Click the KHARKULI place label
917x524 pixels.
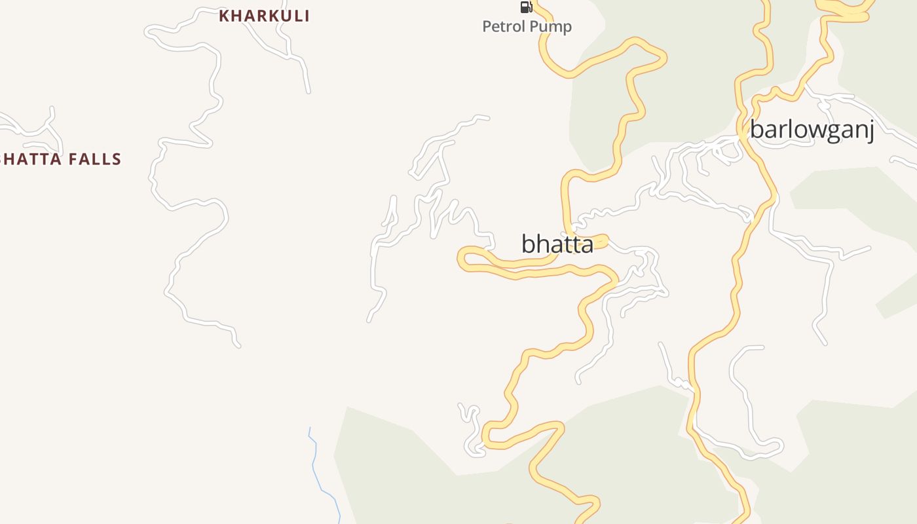point(264,16)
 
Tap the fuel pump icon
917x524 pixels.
point(526,7)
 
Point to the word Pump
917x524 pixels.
point(551,27)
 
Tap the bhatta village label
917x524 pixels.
point(557,244)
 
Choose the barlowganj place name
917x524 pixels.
point(812,130)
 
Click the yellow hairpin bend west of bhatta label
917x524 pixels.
point(463,259)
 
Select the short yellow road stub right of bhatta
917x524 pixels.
point(601,241)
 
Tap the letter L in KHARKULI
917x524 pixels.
point(297,16)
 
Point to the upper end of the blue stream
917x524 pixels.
point(310,428)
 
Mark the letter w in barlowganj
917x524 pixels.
point(808,130)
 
